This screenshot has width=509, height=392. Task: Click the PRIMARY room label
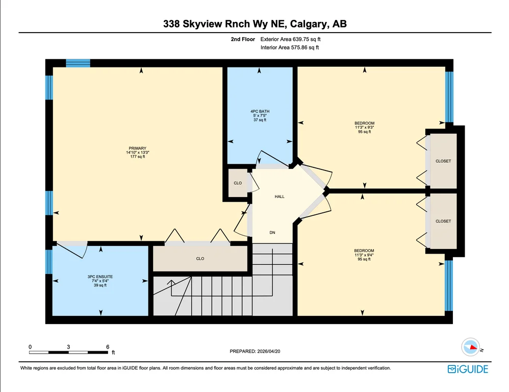point(138,148)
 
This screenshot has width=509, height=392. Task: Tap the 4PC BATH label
point(260,111)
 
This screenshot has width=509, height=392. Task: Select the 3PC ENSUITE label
point(100,277)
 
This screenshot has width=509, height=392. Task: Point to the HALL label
point(279,197)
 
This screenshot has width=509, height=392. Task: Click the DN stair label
point(272,233)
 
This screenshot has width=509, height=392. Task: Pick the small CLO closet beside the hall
point(238,183)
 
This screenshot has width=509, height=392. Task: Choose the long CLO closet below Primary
point(200,258)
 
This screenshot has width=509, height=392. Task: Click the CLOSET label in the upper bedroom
point(443,161)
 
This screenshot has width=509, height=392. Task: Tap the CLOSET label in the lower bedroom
point(443,221)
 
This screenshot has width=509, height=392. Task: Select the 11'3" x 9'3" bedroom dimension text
point(365,128)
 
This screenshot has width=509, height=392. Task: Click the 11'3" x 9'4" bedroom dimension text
point(364,255)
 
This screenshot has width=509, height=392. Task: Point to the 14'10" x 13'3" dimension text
point(138,152)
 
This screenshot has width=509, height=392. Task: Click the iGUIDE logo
point(468,369)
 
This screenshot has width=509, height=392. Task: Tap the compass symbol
point(471,347)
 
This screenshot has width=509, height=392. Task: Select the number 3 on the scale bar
point(68,347)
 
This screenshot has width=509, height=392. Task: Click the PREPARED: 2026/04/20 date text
point(255,351)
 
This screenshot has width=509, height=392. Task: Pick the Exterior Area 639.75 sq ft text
point(291,39)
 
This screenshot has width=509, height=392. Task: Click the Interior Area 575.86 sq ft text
point(290,47)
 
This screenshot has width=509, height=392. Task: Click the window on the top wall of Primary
point(78,63)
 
